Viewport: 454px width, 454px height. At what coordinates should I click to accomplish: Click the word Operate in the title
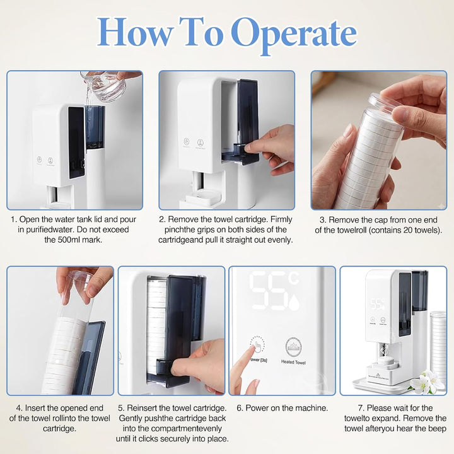click(294, 34)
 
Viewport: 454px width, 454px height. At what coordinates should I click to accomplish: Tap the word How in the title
click(134, 32)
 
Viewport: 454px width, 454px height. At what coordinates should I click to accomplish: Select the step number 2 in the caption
click(162, 219)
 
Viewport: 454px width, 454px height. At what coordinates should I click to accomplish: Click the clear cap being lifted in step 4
click(79, 280)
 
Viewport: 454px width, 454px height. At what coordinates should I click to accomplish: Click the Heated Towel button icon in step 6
click(293, 347)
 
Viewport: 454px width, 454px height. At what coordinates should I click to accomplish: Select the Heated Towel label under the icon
click(293, 362)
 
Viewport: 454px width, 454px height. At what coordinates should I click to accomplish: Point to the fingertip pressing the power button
click(257, 347)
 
